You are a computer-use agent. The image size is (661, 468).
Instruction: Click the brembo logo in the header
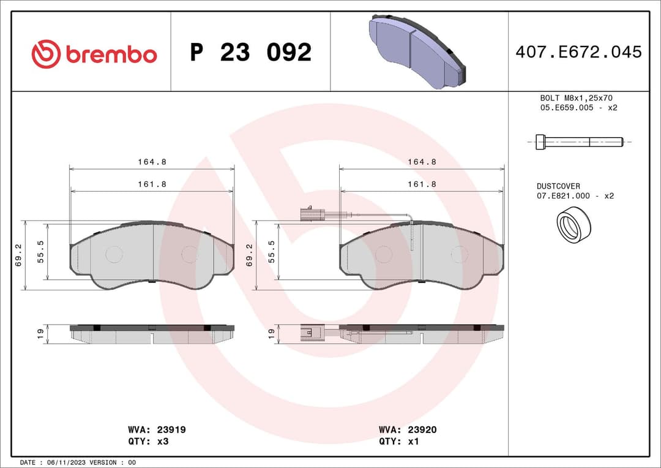click(x=94, y=54)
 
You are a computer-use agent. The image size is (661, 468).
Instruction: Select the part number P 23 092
click(x=250, y=53)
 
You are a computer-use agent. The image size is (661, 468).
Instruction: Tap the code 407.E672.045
click(x=578, y=52)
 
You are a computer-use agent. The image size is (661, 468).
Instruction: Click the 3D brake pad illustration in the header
click(x=419, y=51)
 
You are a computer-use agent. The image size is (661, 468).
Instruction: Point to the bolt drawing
click(x=579, y=142)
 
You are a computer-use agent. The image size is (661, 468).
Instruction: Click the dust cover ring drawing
click(x=573, y=224)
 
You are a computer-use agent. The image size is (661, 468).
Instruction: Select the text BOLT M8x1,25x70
click(x=576, y=98)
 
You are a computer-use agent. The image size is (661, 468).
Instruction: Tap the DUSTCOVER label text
click(x=558, y=186)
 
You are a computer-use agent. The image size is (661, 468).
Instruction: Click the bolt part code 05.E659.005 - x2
click(x=578, y=108)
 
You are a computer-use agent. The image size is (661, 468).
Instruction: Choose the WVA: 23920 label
click(x=408, y=430)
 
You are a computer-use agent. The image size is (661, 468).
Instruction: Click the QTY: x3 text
click(x=148, y=441)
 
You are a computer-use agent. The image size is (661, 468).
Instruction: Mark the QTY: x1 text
click(x=399, y=441)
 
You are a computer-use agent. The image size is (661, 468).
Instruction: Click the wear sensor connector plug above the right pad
click(x=312, y=214)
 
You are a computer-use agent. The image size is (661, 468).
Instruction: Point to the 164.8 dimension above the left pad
click(x=152, y=162)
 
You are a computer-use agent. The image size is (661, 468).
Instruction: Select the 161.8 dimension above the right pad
click(x=422, y=184)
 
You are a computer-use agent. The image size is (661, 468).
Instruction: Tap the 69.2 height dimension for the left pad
click(x=18, y=254)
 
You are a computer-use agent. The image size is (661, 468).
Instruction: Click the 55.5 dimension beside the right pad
click(x=272, y=251)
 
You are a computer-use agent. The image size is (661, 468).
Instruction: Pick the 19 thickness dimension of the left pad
click(x=40, y=334)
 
